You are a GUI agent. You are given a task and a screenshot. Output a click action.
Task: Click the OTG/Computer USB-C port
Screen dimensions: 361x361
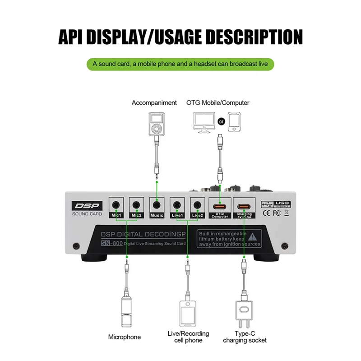tap(220, 206)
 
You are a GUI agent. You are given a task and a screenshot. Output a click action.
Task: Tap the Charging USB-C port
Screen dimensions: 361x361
tap(244, 206)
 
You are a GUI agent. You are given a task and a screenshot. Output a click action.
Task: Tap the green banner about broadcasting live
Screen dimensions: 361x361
tap(180, 65)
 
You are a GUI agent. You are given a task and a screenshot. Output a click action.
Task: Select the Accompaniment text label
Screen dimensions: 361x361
tap(154, 103)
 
